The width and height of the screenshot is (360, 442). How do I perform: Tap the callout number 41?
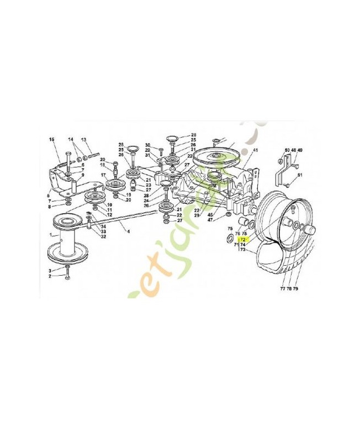[x=256, y=150]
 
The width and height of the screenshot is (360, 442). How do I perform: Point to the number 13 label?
[x=83, y=139]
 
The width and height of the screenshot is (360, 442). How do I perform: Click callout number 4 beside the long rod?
[x=129, y=231]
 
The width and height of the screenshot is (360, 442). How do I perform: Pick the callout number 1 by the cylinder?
[x=51, y=234]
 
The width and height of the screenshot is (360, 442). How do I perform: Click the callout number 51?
[x=300, y=175]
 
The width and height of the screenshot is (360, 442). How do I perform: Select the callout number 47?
[x=210, y=220]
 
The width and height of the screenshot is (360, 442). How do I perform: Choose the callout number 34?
[x=104, y=226]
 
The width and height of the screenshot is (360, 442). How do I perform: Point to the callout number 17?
[x=103, y=176]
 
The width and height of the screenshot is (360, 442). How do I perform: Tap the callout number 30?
[x=147, y=145]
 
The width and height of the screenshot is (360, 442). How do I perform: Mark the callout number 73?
[x=242, y=250]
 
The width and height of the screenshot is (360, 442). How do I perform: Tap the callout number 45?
[x=210, y=215]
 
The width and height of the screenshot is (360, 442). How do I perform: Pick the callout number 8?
[x=50, y=207]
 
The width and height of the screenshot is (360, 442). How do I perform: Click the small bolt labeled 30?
[x=160, y=150]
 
